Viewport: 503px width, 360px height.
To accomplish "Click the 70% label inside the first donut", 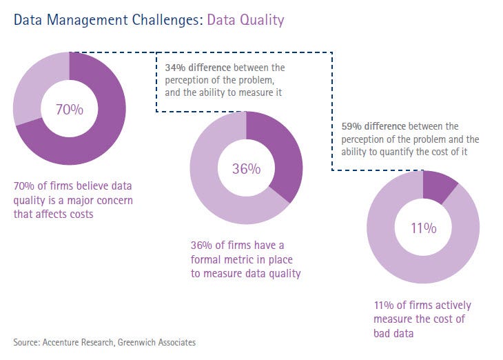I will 70,109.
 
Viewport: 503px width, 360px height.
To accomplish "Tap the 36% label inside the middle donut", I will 246,168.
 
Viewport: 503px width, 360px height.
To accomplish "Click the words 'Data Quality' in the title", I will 245,20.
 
